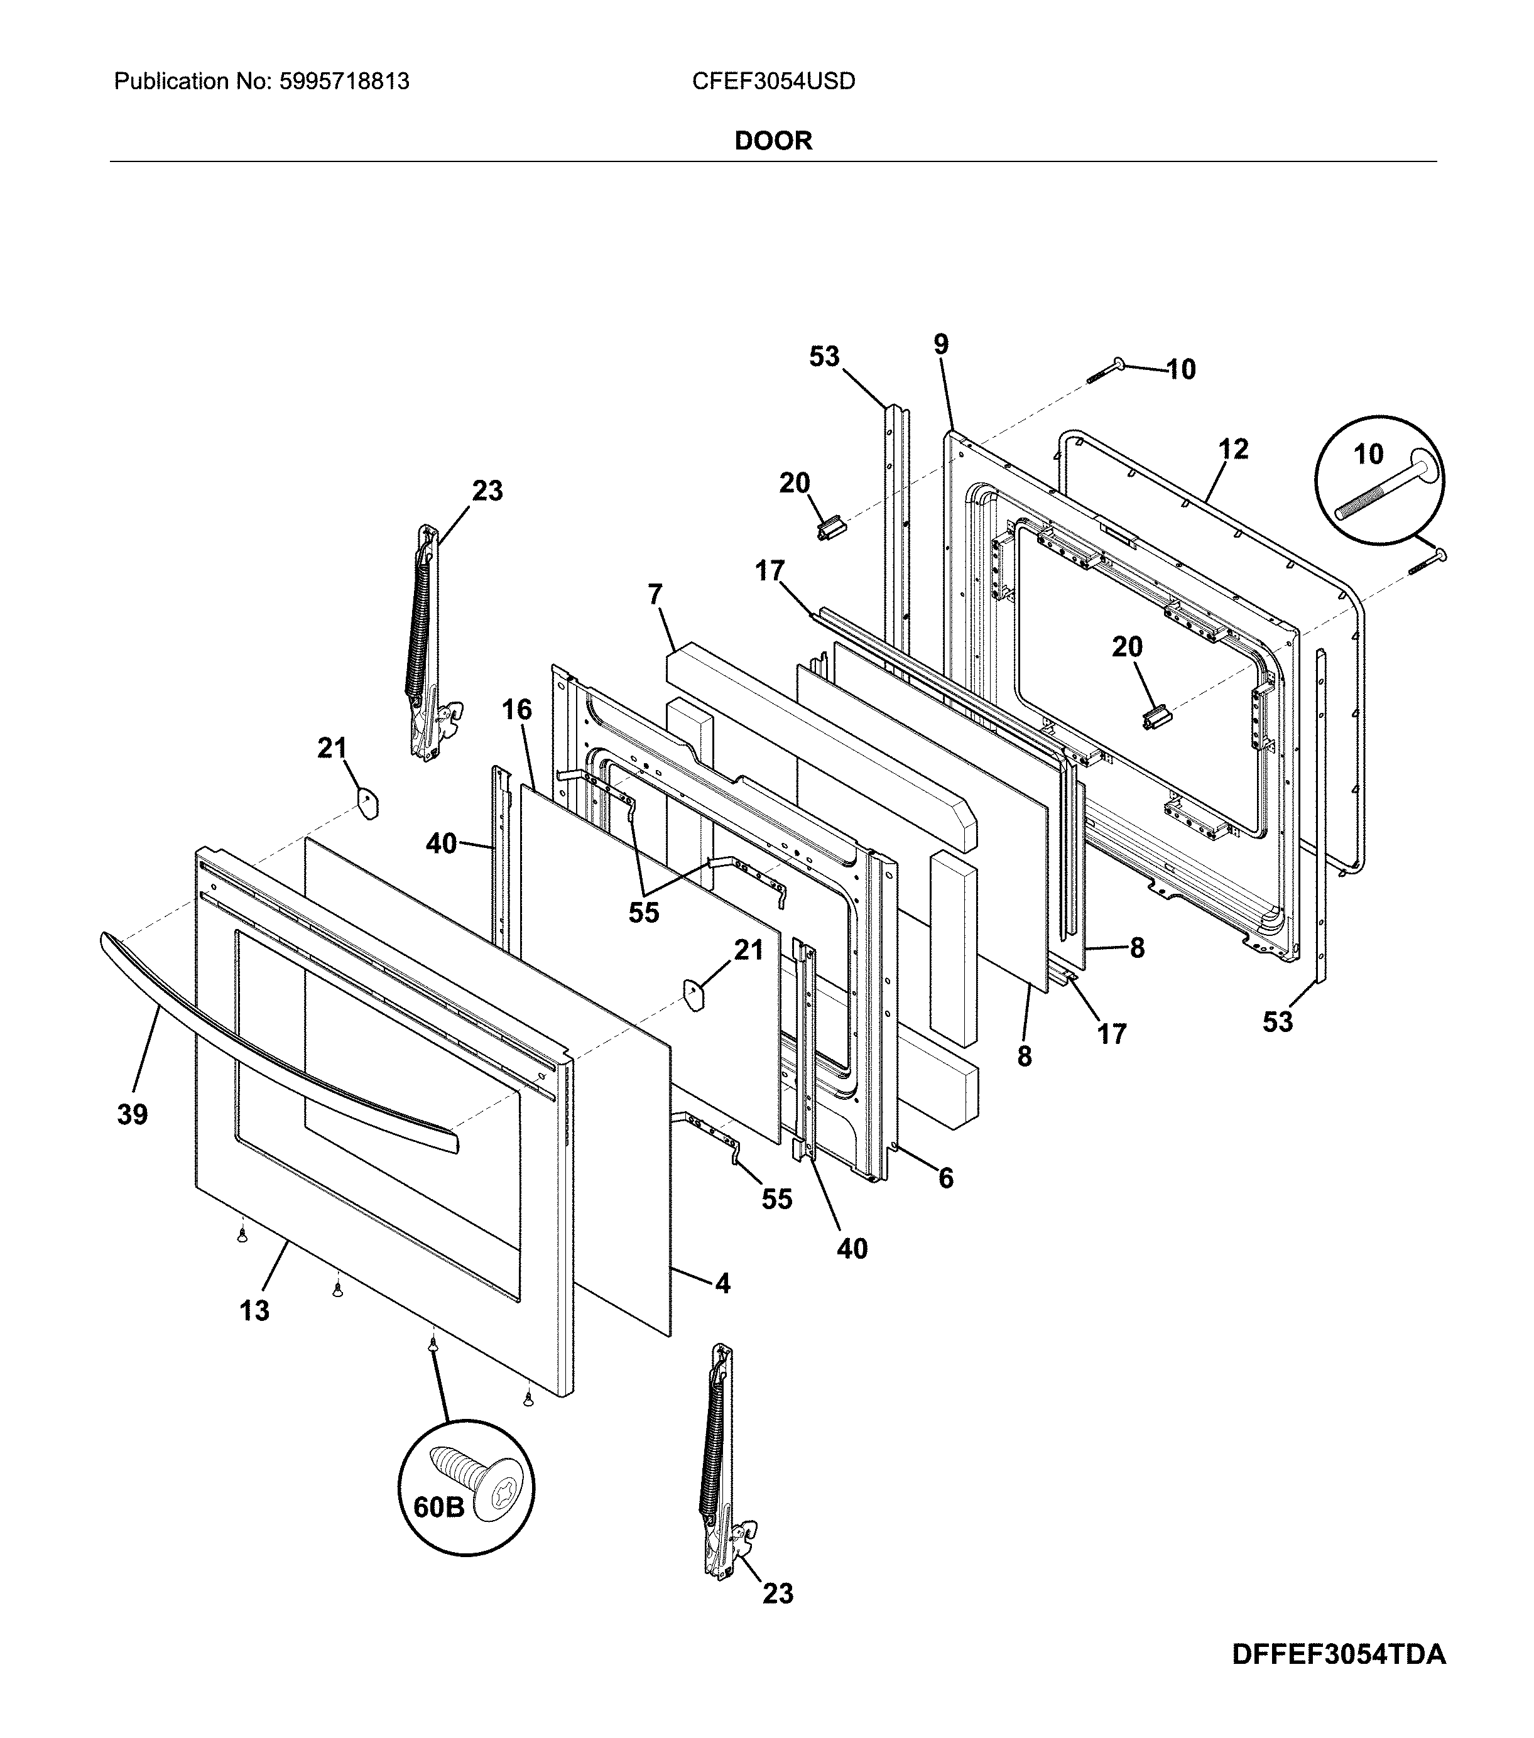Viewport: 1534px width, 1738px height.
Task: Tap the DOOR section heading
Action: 772,140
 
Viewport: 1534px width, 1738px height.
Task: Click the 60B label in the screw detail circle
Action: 438,1507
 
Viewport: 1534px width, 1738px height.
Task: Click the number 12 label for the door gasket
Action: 1233,449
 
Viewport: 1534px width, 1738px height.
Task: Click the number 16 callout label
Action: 516,709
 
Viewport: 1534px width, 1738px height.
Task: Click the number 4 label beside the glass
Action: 722,1283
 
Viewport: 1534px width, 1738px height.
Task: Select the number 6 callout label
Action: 945,1178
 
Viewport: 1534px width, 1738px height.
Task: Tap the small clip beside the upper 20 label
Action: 828,531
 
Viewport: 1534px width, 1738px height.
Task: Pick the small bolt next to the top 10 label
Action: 1106,371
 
